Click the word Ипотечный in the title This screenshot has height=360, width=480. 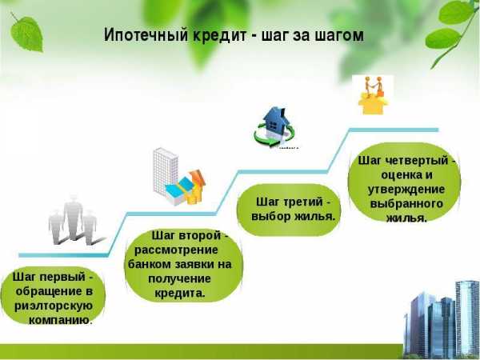[x=146, y=35]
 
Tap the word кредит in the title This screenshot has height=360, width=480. [x=219, y=35]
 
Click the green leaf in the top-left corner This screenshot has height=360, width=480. [x=26, y=33]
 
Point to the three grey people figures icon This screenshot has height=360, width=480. [x=74, y=221]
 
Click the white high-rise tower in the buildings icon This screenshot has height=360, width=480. [x=166, y=171]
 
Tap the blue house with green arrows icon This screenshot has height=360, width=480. [x=274, y=127]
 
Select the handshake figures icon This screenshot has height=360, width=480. [x=373, y=95]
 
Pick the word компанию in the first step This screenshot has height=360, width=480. [x=60, y=320]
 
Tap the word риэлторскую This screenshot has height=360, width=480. [x=54, y=306]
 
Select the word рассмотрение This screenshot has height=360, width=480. [x=176, y=250]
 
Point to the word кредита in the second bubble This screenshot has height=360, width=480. [x=179, y=294]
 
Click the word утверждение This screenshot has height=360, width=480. [x=406, y=189]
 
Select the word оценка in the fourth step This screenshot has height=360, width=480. [x=401, y=175]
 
